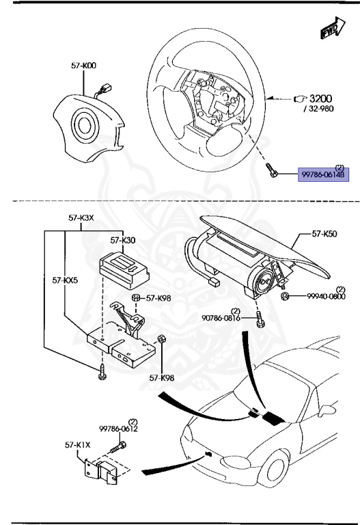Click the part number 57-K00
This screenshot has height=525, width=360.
pos(83,66)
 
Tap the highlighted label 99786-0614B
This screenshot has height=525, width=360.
pos(323,175)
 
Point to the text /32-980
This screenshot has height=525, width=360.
pos(312,109)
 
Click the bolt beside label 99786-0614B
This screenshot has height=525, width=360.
pos(273,170)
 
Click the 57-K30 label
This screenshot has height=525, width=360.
pos(123,241)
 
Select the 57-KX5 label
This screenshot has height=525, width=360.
pos(65,280)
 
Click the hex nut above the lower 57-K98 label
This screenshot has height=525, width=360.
pos(162,340)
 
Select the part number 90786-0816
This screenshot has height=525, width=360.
pos(220,318)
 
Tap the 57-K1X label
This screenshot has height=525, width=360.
pos(83,445)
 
